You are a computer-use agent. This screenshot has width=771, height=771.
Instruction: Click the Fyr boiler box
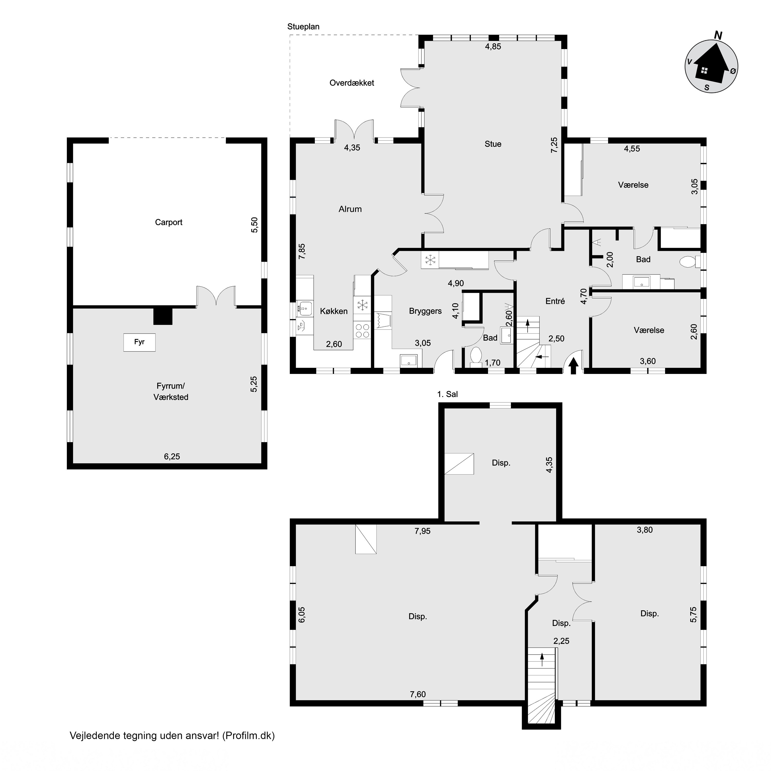click(x=139, y=342)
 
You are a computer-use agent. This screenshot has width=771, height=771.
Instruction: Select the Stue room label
click(x=493, y=144)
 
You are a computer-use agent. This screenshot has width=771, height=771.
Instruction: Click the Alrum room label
click(x=350, y=209)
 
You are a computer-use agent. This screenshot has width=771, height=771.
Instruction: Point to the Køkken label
click(x=334, y=311)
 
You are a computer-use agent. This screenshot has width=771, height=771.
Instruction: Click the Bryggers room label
click(x=425, y=311)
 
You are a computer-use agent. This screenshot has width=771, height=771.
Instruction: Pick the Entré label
click(x=555, y=301)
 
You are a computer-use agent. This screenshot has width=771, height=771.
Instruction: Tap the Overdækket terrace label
click(x=352, y=83)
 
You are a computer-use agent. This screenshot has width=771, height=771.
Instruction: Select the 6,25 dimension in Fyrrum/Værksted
click(x=172, y=456)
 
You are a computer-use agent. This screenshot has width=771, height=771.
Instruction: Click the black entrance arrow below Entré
click(x=573, y=366)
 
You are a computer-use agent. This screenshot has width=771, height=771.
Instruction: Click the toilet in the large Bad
click(x=689, y=262)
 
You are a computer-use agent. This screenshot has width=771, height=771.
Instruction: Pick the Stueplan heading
click(x=303, y=27)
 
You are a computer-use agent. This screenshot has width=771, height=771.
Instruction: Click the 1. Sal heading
click(x=447, y=394)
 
